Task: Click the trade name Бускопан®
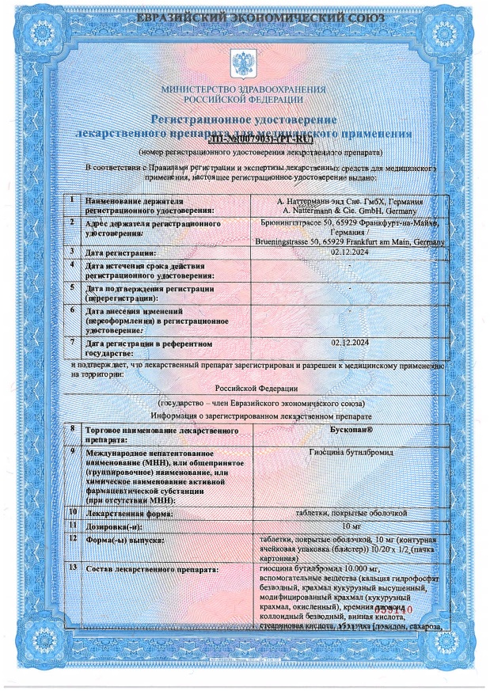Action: click(351, 429)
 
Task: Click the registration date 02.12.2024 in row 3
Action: click(351, 251)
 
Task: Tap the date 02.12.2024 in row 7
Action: click(351, 342)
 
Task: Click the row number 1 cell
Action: click(73, 201)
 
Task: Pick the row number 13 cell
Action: click(74, 568)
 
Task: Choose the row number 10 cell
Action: click(74, 513)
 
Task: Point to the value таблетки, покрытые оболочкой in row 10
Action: click(351, 513)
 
